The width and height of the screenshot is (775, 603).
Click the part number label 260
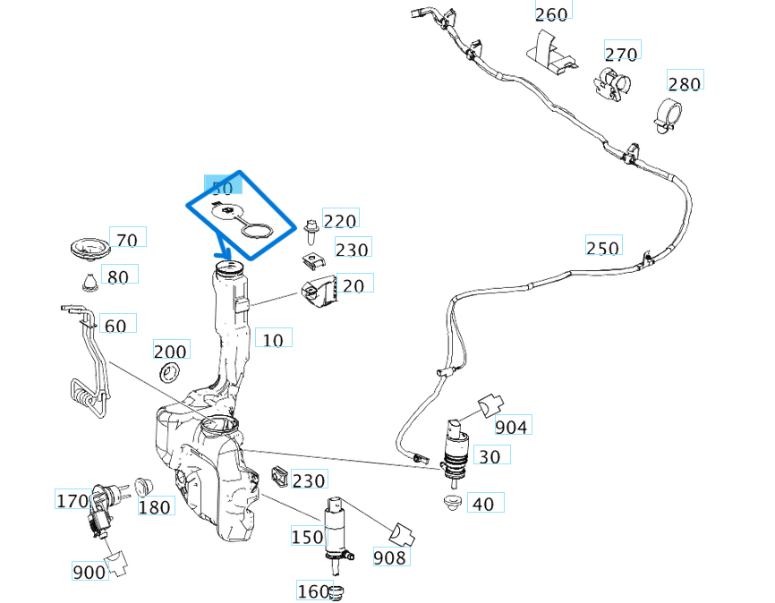[551, 13]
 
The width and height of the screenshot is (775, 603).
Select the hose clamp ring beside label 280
[665, 113]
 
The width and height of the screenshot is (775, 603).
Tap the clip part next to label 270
[611, 83]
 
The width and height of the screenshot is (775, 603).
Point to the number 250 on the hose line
[602, 248]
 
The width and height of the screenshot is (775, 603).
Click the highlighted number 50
[222, 188]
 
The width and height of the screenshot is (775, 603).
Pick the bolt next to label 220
[311, 230]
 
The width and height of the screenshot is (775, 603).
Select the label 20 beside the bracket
[353, 285]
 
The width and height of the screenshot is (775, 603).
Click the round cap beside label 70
[87, 248]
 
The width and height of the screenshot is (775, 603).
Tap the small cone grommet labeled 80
[89, 283]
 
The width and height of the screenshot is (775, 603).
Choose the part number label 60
[115, 326]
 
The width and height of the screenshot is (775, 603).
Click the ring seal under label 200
[169, 371]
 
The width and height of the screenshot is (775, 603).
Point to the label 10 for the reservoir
[272, 339]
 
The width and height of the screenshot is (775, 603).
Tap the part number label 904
[511, 427]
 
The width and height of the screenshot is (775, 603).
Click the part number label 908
[388, 558]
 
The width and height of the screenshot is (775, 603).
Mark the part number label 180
[155, 507]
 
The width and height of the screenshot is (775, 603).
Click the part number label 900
[89, 572]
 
